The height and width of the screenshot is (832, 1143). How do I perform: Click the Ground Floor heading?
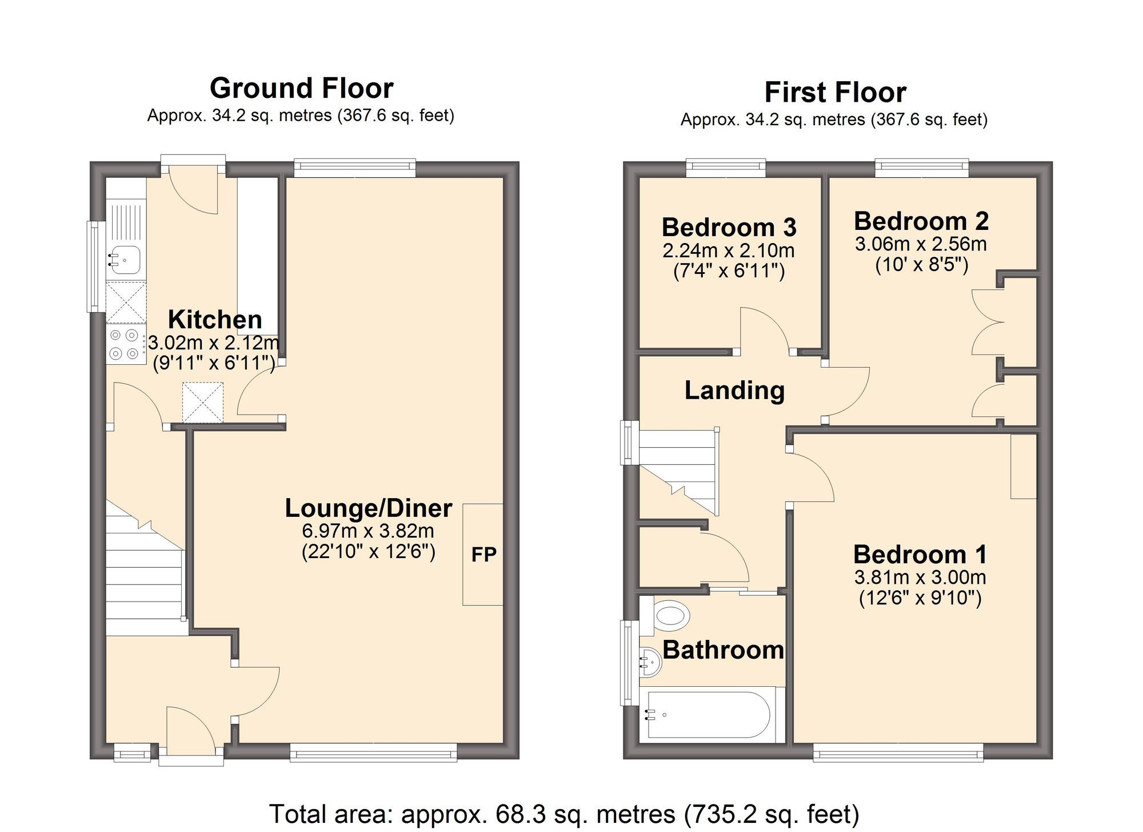pyautogui.click(x=302, y=89)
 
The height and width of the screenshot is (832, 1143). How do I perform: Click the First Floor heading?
pyautogui.click(x=836, y=93)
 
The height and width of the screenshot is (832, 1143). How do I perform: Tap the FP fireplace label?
pyautogui.click(x=483, y=554)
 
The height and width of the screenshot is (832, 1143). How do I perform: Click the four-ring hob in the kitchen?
pyautogui.click(x=126, y=345)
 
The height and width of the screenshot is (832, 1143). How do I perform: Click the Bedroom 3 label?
pyautogui.click(x=729, y=227)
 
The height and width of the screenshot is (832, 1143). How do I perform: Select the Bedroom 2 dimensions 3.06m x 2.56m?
pyautogui.click(x=921, y=244)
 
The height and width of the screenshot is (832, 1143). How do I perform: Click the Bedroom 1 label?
pyautogui.click(x=920, y=554)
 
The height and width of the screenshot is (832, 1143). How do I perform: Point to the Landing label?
pyautogui.click(x=734, y=391)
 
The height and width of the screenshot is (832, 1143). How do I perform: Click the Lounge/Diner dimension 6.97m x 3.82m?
pyautogui.click(x=368, y=531)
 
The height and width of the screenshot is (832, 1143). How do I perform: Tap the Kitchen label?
pyautogui.click(x=215, y=319)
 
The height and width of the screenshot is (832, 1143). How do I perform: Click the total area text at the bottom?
pyautogui.click(x=564, y=814)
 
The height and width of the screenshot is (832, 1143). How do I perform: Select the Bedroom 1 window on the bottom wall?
pyautogui.click(x=898, y=752)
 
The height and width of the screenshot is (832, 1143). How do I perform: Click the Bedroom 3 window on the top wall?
pyautogui.click(x=726, y=166)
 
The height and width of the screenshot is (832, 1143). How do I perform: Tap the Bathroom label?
pyautogui.click(x=723, y=650)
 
